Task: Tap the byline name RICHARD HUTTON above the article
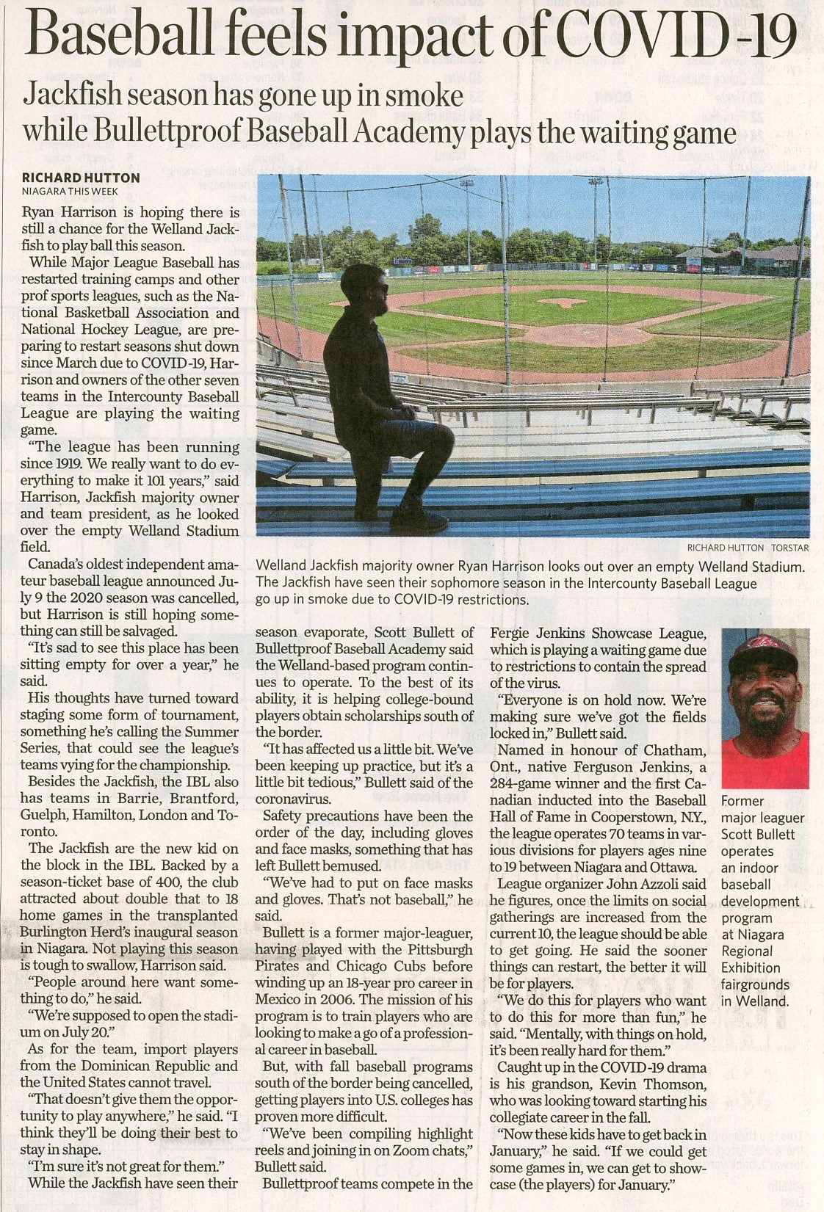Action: (81, 178)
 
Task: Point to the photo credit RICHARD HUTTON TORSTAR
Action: (747, 548)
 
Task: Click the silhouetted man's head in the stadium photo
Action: (364, 290)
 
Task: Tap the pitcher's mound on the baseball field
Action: (563, 302)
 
